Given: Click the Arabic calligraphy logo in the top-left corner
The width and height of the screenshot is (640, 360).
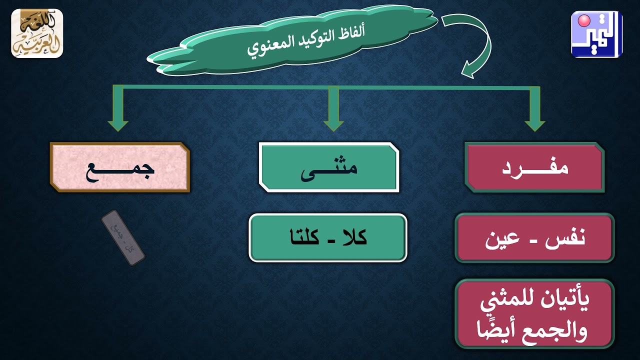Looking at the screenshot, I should pyautogui.click(x=37, y=33).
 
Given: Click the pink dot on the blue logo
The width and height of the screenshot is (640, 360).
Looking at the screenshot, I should pyautogui.click(x=583, y=21).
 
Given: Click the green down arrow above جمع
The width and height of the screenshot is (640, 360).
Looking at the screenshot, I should pyautogui.click(x=118, y=110).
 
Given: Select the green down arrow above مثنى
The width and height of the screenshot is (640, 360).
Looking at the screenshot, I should pyautogui.click(x=333, y=110).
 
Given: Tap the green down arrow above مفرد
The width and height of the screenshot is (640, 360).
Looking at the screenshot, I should pyautogui.click(x=534, y=110).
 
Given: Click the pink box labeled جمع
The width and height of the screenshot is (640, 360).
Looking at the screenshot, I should pyautogui.click(x=120, y=167).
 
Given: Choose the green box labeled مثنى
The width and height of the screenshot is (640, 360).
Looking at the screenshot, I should pyautogui.click(x=329, y=167).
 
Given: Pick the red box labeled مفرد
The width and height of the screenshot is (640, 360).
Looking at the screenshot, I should pyautogui.click(x=534, y=167).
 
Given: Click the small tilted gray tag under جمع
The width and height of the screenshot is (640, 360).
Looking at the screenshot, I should pyautogui.click(x=123, y=238).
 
